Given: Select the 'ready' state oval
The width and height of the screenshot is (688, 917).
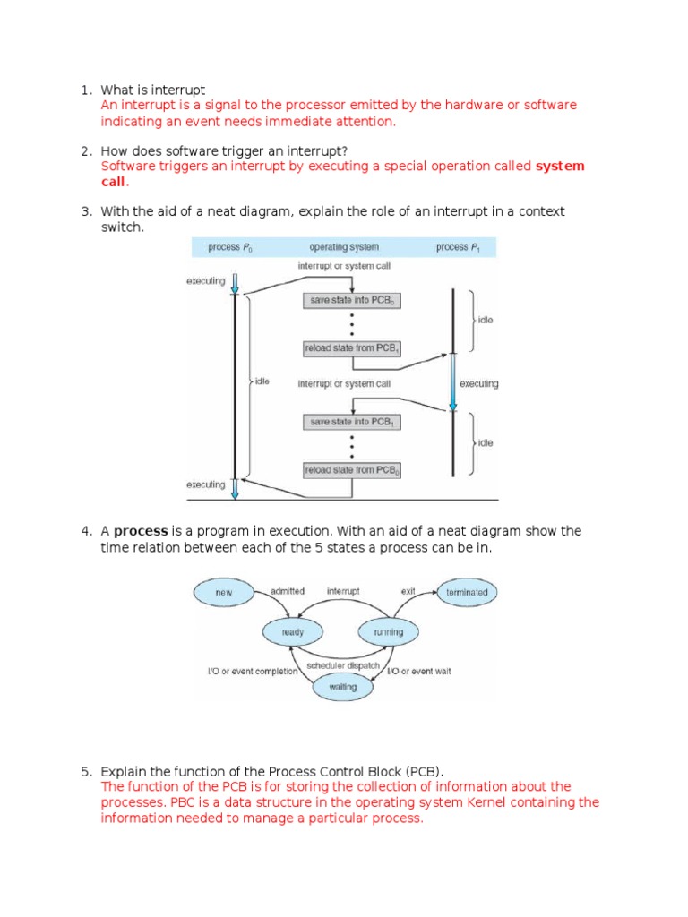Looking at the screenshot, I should pyautogui.click(x=292, y=632).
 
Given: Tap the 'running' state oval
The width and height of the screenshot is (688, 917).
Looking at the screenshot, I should pyautogui.click(x=388, y=632).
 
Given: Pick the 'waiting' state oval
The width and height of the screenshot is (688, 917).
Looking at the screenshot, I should pyautogui.click(x=342, y=687).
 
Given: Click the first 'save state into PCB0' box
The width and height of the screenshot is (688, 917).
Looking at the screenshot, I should pyautogui.click(x=351, y=301).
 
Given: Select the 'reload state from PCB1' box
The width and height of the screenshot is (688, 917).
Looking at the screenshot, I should pyautogui.click(x=351, y=347).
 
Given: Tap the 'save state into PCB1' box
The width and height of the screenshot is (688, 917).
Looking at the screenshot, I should pyautogui.click(x=351, y=422).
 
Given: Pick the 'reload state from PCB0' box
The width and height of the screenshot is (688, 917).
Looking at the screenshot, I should pyautogui.click(x=351, y=469).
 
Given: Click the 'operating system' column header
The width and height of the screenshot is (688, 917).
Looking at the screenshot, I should pyautogui.click(x=343, y=247).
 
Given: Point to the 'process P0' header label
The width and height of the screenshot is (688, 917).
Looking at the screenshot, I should pyautogui.click(x=229, y=247).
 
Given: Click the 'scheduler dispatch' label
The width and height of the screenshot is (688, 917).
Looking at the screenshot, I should pyautogui.click(x=342, y=666).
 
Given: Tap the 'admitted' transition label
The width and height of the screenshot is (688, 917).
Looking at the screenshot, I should pyautogui.click(x=288, y=591).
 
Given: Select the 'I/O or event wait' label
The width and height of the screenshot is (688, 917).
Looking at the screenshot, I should pyautogui.click(x=418, y=671).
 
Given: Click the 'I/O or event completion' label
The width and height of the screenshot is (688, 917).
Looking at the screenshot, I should pyautogui.click(x=253, y=671).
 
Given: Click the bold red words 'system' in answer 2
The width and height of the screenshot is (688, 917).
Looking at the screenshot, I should pyautogui.click(x=560, y=166).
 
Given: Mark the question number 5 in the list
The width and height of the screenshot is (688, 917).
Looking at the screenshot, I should pyautogui.click(x=86, y=771).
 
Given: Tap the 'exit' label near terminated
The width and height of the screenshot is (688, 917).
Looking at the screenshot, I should pyautogui.click(x=408, y=591).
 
